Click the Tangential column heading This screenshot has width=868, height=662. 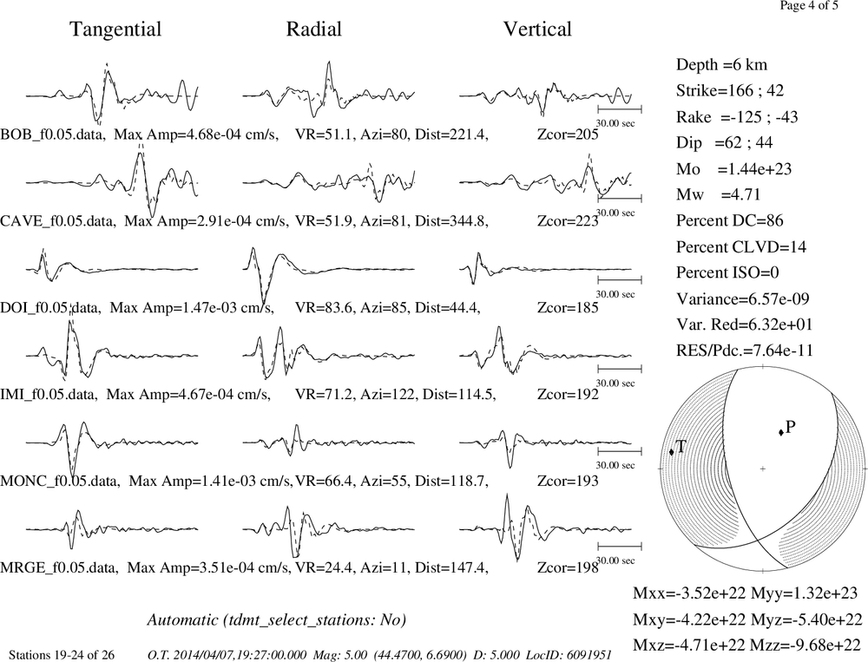[115, 29]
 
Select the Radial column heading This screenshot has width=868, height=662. [314, 29]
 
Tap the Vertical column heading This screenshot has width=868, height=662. [537, 29]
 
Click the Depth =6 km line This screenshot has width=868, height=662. [721, 65]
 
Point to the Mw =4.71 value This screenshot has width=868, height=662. [718, 195]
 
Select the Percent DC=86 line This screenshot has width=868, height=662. [730, 221]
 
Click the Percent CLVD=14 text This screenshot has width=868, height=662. [740, 247]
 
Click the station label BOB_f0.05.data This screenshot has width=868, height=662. [53, 134]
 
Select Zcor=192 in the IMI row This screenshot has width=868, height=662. [568, 395]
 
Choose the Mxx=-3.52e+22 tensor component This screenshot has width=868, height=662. [689, 593]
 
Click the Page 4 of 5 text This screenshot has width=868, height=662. [809, 6]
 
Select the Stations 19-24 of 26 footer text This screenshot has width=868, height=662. [62, 655]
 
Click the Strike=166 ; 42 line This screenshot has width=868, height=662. [730, 91]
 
